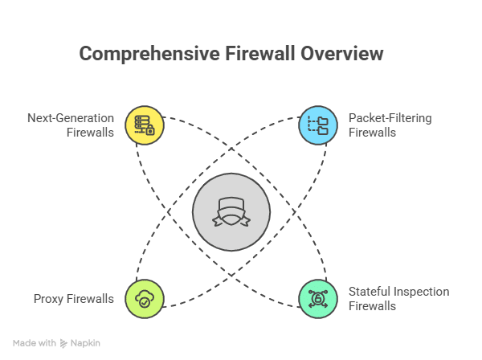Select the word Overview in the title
[x=343, y=54]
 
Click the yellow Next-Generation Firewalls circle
[x=145, y=125]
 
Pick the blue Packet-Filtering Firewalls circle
[x=318, y=125]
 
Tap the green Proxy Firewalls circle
[x=145, y=299]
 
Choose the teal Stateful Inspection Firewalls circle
[x=318, y=299]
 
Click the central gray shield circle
[x=231, y=212]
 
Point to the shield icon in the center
[x=231, y=212]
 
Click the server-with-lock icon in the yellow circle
[x=145, y=125]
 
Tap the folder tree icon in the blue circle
[x=318, y=125]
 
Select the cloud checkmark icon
[x=145, y=299]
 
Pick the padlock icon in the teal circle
[x=318, y=299]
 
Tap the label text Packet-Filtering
[x=390, y=118]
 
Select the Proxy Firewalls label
[x=74, y=299]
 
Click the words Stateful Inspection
[x=398, y=292]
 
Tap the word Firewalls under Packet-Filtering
[x=372, y=133]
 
